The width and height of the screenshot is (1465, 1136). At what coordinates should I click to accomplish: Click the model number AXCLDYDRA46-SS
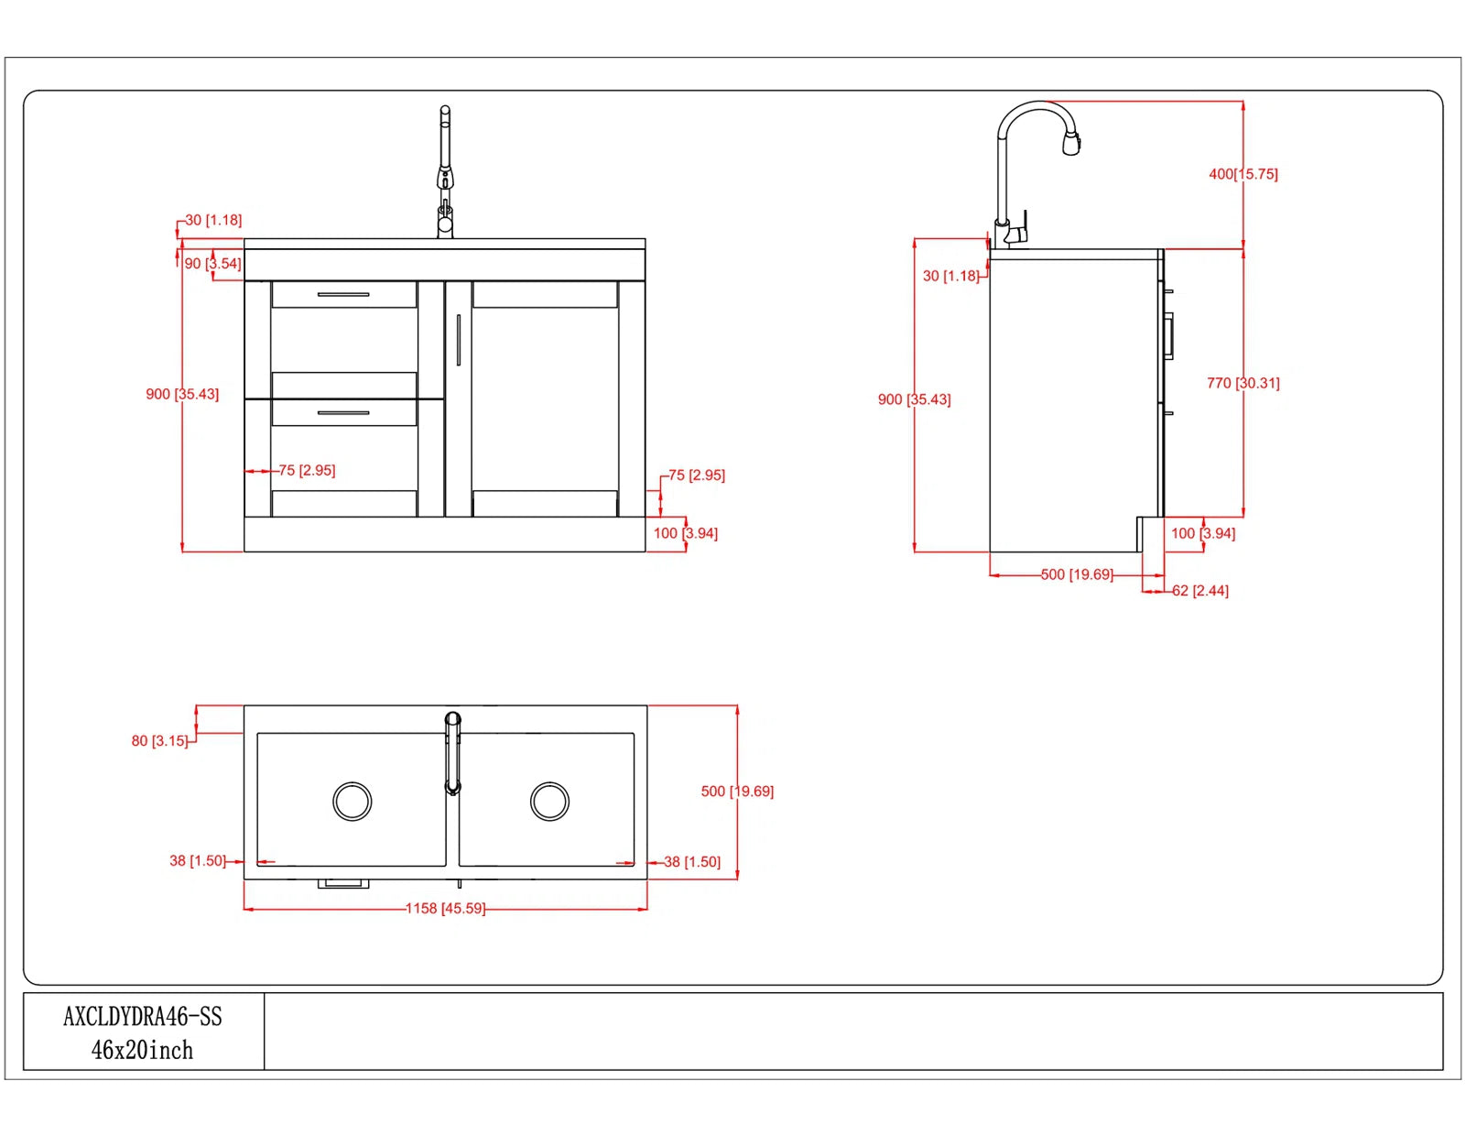[143, 1016]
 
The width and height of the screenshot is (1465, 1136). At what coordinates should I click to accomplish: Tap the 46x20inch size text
[143, 1050]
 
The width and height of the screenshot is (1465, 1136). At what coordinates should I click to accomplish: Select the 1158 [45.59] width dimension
[445, 908]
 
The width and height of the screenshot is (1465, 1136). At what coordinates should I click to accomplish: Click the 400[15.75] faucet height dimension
[1243, 174]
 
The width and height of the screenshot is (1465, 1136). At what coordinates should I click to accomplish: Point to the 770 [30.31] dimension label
[1243, 383]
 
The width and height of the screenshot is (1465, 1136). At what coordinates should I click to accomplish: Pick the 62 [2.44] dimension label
[1200, 591]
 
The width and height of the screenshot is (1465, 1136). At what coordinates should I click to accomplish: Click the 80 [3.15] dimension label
[159, 740]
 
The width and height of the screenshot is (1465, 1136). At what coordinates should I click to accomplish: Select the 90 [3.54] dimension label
[212, 264]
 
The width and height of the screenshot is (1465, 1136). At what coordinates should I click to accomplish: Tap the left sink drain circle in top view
[353, 802]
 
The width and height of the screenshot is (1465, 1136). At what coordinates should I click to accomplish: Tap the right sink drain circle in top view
[549, 802]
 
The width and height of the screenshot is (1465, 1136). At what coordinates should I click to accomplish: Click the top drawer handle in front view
[343, 295]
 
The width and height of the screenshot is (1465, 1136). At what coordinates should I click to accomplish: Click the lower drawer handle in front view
[343, 413]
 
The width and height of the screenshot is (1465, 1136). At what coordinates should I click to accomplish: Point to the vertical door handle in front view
[458, 340]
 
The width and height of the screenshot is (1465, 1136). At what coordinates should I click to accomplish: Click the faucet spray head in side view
[1071, 143]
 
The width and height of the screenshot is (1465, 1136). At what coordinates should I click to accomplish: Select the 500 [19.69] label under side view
[1077, 574]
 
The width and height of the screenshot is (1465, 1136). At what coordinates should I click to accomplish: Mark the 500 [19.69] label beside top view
[737, 791]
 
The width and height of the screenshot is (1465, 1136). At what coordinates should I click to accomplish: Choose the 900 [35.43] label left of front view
[182, 394]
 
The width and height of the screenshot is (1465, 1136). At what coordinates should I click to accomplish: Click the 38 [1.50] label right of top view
[692, 862]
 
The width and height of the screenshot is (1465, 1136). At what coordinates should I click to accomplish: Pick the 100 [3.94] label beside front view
[686, 533]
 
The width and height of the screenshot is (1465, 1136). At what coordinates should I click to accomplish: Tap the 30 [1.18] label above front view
[213, 220]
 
